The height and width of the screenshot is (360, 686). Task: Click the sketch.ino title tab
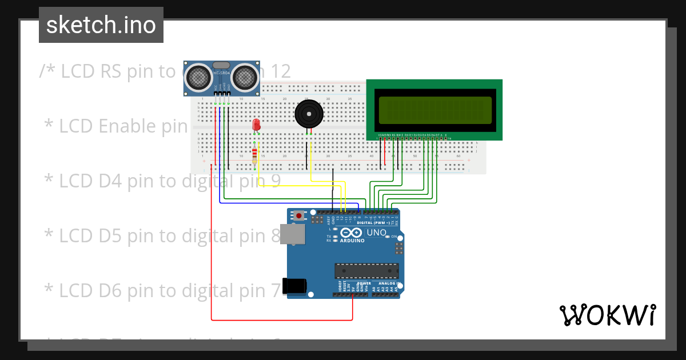[101, 25]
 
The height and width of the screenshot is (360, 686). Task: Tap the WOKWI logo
[607, 315]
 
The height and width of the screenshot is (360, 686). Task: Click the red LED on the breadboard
[256, 125]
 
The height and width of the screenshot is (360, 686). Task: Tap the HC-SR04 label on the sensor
[221, 74]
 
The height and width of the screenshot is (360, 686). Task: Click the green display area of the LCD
[434, 110]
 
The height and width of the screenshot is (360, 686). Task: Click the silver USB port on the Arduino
[296, 234]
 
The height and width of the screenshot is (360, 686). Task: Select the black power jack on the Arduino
[296, 286]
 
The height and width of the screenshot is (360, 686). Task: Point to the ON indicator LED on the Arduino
[388, 237]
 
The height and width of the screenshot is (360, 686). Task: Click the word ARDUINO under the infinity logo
[352, 241]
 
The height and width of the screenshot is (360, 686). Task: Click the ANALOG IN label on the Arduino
[387, 283]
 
